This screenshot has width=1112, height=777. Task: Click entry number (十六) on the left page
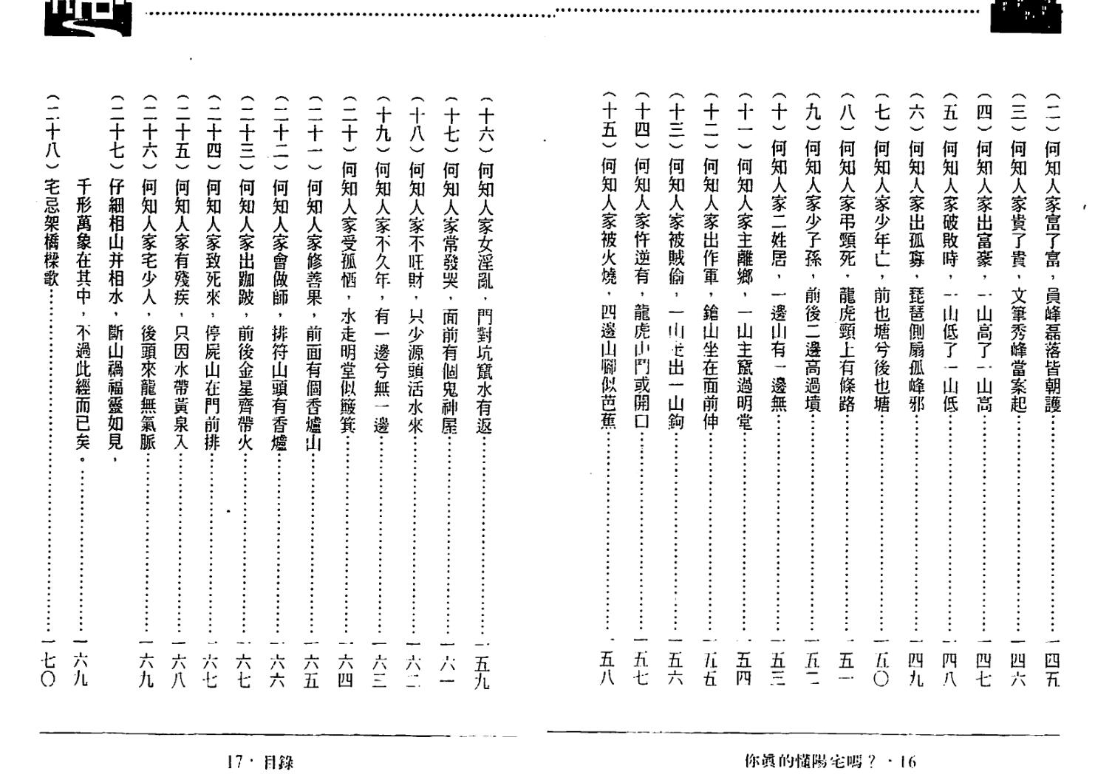coord(485,126)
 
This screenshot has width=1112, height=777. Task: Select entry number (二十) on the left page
coord(349,126)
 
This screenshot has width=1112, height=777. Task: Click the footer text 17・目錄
coord(260,761)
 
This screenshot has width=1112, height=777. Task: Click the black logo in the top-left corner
coord(88,17)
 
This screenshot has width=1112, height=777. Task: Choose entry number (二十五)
coord(182,133)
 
